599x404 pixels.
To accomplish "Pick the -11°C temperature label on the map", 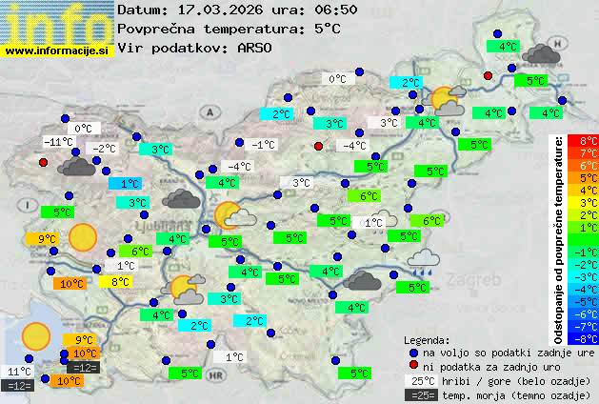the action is tap(59, 142).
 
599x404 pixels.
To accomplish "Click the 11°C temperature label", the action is tap(19, 372).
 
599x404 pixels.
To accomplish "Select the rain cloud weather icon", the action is tap(422, 260).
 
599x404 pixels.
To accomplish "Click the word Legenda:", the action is tap(428, 340).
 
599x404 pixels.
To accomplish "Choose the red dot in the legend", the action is tap(413, 366).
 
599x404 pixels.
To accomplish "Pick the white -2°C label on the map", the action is tap(102, 148).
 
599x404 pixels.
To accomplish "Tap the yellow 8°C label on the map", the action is tap(121, 282).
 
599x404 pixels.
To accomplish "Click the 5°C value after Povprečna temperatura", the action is tap(327, 29).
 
